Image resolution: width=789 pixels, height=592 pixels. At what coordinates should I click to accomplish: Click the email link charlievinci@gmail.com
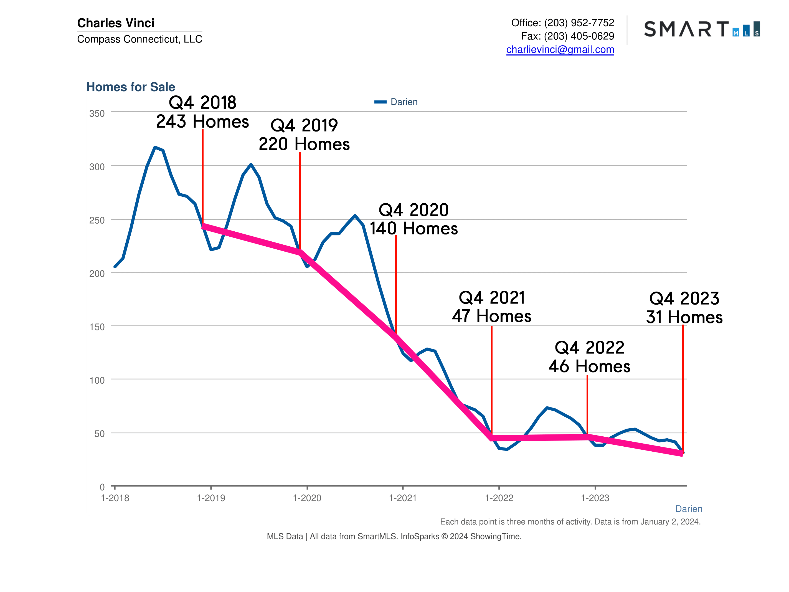560,50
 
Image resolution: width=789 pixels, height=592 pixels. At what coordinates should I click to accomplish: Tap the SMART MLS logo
702,29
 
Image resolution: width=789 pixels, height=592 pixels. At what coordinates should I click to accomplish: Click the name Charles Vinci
116,23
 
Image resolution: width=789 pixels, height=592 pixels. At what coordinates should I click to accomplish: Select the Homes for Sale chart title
131,87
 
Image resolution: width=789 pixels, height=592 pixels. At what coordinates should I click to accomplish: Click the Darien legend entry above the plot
396,102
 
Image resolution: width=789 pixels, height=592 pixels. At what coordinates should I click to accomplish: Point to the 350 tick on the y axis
97,113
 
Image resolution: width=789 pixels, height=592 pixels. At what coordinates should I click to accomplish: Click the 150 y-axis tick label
97,327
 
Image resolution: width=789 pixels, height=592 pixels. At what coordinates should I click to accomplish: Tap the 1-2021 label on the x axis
403,498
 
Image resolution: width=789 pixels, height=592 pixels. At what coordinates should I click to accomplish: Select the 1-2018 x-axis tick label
115,498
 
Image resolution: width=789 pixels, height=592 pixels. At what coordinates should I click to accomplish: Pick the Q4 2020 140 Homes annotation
413,219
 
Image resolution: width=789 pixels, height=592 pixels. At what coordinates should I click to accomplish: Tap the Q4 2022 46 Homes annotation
589,357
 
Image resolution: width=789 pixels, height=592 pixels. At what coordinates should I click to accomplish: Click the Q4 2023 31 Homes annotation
684,308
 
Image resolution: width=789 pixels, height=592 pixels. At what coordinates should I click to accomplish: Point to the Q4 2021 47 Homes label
491,307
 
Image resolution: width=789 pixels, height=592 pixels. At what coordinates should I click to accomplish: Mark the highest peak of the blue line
155,147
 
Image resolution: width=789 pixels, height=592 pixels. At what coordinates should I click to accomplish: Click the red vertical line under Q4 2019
300,200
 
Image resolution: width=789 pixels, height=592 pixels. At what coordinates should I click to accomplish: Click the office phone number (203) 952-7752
579,23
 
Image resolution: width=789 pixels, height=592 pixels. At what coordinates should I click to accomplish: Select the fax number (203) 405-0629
579,36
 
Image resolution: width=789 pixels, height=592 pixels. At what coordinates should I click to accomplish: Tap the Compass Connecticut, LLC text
139,39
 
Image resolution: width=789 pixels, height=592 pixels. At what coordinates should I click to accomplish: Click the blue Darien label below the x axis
688,509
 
